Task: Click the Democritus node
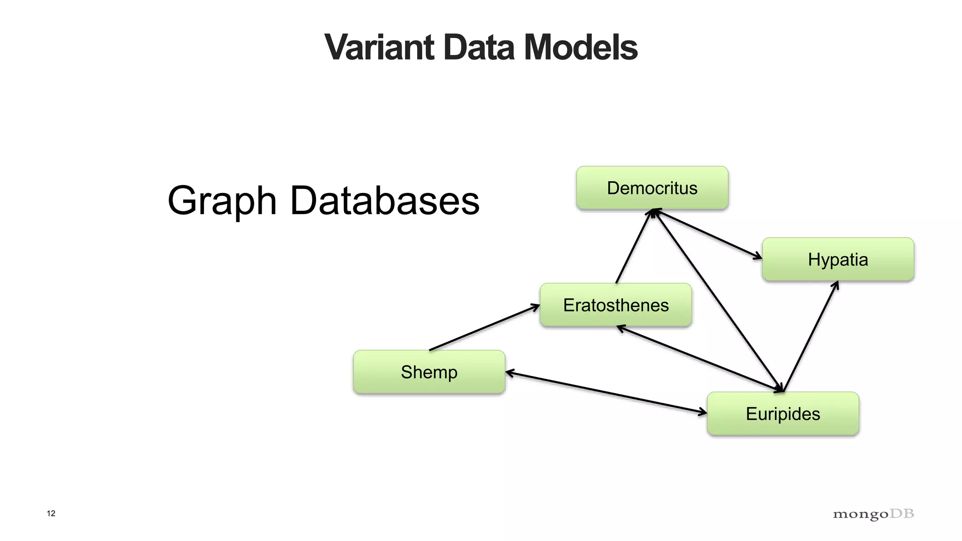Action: [x=652, y=188]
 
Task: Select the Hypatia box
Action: [x=838, y=260]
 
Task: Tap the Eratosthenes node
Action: [x=616, y=305]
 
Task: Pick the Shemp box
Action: [x=429, y=372]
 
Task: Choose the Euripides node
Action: [x=783, y=414]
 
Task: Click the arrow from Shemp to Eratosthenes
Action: [x=484, y=327]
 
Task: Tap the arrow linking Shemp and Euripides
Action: [x=606, y=393]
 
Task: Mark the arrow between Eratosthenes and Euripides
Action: [x=700, y=358]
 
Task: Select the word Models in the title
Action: [x=581, y=47]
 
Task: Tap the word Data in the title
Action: [x=479, y=47]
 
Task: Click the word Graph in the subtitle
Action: [x=222, y=201]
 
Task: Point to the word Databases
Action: [x=385, y=201]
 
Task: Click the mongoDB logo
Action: [x=873, y=514]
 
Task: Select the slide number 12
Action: [x=51, y=513]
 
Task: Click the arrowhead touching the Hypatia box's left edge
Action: [x=757, y=256]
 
